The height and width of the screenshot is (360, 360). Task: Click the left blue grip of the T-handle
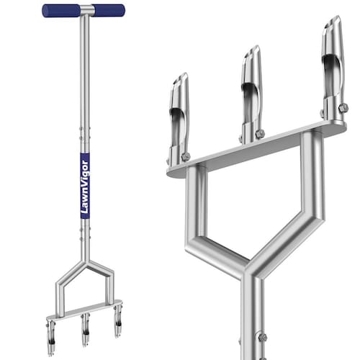pos(61,11)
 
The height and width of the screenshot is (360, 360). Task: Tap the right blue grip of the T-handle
pos(109,11)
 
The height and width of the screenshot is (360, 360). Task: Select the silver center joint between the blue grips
pos(87,11)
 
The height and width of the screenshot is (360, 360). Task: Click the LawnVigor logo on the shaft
pos(85,186)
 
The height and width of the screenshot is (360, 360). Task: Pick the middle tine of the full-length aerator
pos(85,330)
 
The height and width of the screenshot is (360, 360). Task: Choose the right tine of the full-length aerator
pos(118,321)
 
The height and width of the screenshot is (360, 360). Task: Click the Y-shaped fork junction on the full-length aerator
pos(85,264)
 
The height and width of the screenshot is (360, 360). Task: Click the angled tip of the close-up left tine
pos(181,80)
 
